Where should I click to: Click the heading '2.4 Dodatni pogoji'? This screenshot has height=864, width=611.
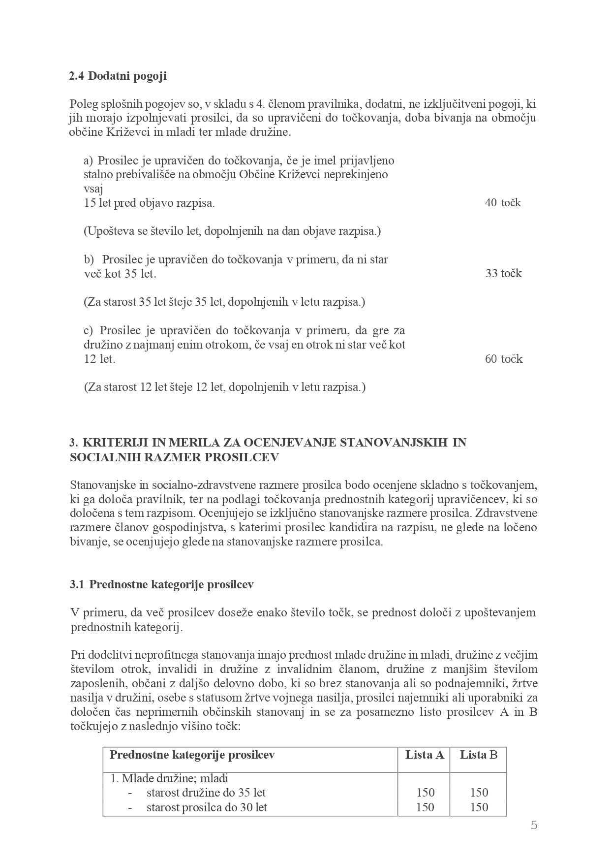coord(118,76)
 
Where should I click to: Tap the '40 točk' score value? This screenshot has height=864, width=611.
coord(502,202)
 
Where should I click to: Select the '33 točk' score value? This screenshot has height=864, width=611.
coord(503,273)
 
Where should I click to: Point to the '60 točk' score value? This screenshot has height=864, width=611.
coord(503,359)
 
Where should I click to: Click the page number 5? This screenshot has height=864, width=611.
coord(534,825)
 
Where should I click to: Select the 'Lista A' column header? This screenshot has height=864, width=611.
coord(424,755)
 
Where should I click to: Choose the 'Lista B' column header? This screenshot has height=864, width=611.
coord(478,755)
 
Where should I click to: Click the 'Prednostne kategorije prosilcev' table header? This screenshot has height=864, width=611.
coord(192,755)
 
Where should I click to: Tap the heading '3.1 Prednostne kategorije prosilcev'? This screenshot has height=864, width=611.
coord(162,584)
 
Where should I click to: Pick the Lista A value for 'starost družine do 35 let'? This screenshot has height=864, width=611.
coord(425,792)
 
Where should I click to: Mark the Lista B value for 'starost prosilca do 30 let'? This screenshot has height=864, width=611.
coord(479,807)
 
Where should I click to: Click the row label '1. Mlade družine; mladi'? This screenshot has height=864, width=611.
coord(169,778)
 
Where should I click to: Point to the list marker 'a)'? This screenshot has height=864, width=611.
coord(89,160)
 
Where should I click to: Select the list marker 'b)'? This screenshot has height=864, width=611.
coord(89,259)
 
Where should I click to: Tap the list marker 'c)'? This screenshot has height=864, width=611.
coord(89,330)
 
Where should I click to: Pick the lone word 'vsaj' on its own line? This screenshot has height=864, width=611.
coord(93,189)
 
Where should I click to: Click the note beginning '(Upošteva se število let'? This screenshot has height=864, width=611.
coord(232,231)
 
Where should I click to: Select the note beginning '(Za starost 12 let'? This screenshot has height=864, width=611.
coord(225,387)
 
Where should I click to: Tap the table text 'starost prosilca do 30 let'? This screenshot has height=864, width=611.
coord(207,807)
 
